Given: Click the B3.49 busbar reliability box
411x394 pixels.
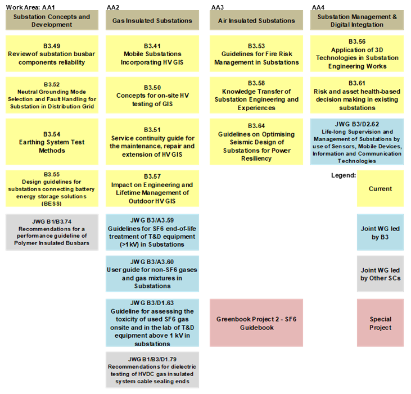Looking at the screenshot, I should [x=52, y=54].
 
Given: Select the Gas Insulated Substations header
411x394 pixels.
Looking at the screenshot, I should [x=152, y=21].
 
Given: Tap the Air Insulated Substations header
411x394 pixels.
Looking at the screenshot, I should [x=256, y=21].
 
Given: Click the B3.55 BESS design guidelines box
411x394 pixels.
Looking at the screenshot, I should [x=52, y=188].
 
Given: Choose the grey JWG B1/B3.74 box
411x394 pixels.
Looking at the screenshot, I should [x=52, y=232].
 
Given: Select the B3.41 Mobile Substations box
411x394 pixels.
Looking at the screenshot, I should [x=152, y=54].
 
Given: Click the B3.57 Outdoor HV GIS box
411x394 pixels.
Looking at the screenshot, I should [x=152, y=188].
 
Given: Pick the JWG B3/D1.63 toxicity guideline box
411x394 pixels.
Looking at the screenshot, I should [x=152, y=323].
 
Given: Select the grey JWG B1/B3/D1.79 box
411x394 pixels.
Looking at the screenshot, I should [x=152, y=370].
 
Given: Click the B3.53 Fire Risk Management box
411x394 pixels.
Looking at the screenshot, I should [x=256, y=54].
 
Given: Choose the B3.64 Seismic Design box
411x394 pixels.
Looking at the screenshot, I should [x=256, y=142].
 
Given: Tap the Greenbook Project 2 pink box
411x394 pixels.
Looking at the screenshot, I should [x=256, y=323].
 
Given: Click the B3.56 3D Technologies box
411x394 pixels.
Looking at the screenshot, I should [x=356, y=54].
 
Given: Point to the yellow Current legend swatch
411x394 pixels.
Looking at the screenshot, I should [x=380, y=189].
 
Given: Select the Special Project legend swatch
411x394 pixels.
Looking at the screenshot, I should [x=380, y=323].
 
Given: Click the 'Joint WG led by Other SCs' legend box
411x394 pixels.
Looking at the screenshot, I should [x=380, y=274].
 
